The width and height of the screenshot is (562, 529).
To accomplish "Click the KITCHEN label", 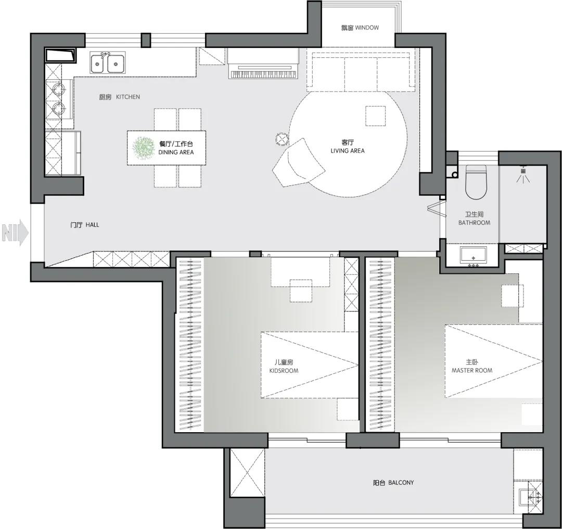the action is click(128, 97).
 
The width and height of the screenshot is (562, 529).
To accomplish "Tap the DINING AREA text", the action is click(176, 152).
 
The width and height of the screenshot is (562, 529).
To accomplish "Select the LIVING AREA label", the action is click(347, 150).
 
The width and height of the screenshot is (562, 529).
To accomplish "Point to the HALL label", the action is click(92, 225).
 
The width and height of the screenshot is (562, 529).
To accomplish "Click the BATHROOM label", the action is click(474, 223).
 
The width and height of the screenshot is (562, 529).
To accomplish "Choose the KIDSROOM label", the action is click(284, 371).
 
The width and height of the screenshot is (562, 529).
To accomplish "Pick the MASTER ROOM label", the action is click(471, 370).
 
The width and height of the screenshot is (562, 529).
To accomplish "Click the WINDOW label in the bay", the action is click(367, 28).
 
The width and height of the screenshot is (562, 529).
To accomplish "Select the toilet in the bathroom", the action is click(476, 182).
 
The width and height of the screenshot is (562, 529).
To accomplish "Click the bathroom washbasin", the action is click(474, 255).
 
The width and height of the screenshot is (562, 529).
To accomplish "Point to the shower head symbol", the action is click(523, 174).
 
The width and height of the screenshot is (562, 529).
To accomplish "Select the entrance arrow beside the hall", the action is click(15, 232).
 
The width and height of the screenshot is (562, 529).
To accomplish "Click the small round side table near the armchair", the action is click(282, 138).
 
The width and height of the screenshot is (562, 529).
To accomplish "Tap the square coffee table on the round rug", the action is click(376, 116).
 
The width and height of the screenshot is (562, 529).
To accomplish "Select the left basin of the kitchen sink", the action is click(97, 64).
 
